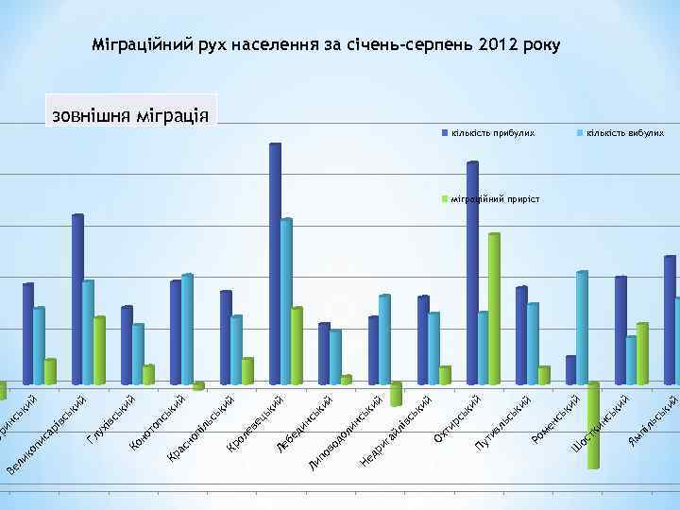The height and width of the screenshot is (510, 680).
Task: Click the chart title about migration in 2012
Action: coord(326,44)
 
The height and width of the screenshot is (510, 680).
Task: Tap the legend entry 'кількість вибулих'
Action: coord(624,133)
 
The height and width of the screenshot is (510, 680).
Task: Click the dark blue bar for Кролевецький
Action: coord(275,263)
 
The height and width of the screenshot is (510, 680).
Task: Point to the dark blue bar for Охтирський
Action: coord(472,273)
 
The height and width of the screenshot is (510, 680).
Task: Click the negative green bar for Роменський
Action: coord(593,425)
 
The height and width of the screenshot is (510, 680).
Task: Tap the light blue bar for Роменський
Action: coord(582,327)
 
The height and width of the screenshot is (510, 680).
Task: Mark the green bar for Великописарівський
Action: coord(99,350)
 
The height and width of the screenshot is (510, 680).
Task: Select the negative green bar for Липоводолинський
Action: coord(396,394)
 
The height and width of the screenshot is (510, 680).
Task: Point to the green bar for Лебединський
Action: coord(346,380)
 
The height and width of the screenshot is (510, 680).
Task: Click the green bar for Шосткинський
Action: coord(641,353)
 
